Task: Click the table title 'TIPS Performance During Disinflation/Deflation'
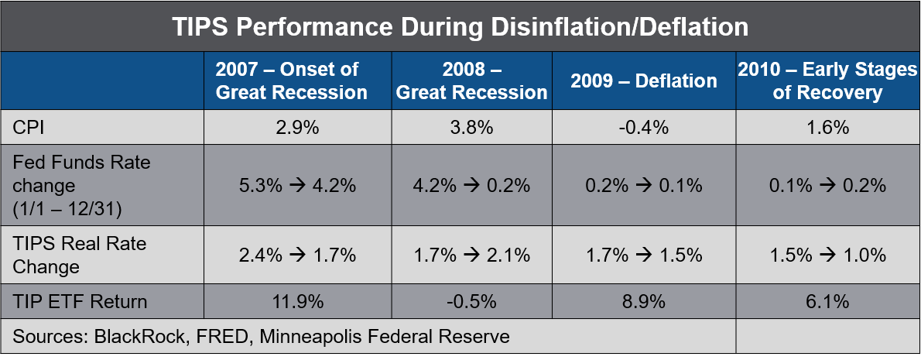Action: (x=460, y=27)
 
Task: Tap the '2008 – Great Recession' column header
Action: (x=471, y=81)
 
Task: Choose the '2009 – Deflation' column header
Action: (x=644, y=81)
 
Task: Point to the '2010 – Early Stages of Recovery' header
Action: (x=827, y=81)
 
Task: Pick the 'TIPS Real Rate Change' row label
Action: (x=80, y=255)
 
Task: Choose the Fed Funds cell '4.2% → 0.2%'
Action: (x=471, y=186)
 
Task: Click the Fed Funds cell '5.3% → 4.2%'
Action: (x=297, y=186)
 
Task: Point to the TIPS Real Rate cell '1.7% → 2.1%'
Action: (x=471, y=255)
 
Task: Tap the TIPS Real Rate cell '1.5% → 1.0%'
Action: (x=827, y=255)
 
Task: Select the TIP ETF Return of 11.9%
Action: (x=297, y=302)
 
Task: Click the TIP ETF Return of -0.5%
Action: (x=471, y=302)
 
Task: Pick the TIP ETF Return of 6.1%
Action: (x=827, y=302)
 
